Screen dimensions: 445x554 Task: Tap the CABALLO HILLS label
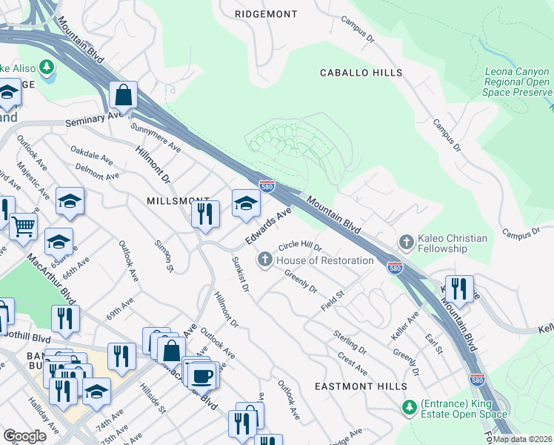tap(361, 73)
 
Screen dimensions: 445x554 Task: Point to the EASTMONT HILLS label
tap(360, 387)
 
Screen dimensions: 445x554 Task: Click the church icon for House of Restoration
tap(265, 260)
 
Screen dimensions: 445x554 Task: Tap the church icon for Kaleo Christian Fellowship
tap(406, 243)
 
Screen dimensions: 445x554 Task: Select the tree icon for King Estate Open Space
tap(409, 409)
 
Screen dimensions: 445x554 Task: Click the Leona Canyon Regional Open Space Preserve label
tap(517, 82)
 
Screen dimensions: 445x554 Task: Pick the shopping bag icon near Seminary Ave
tap(123, 96)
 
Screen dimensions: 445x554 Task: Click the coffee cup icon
tap(201, 375)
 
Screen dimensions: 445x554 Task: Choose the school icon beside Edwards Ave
tap(246, 202)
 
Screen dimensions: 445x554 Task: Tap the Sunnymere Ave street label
tap(156, 136)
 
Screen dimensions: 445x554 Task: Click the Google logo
tap(25, 436)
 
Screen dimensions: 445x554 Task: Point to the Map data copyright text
tap(523, 439)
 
